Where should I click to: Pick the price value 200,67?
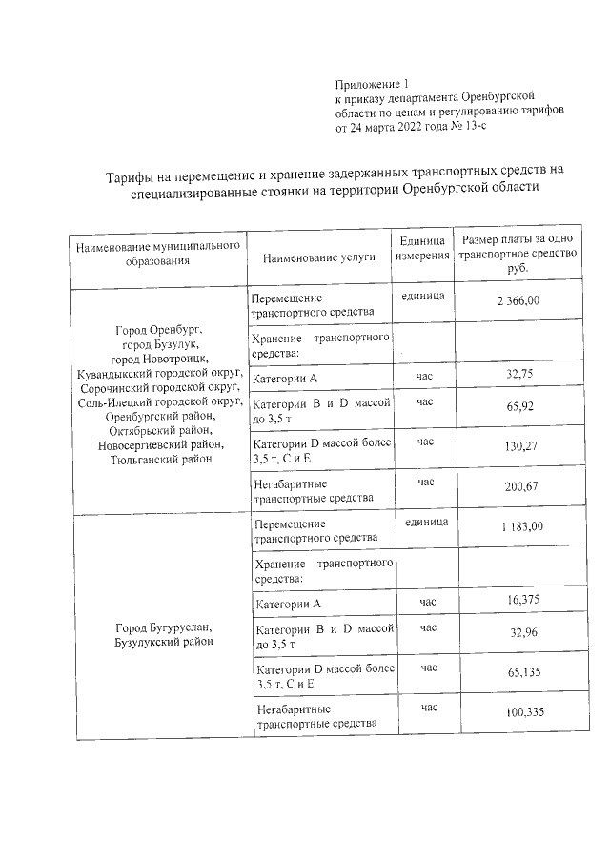click(x=518, y=487)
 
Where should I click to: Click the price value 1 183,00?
click(x=520, y=526)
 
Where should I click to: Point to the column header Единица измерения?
click(x=422, y=248)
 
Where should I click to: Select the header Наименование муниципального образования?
click(x=157, y=253)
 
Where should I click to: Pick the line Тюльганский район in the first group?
click(x=158, y=459)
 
